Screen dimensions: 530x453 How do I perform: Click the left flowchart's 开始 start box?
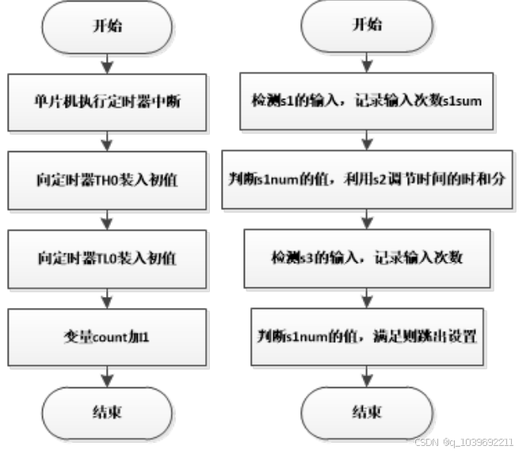click(x=108, y=25)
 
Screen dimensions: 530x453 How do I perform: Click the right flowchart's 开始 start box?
click(x=367, y=25)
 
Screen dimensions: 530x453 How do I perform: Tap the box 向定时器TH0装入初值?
click(x=108, y=180)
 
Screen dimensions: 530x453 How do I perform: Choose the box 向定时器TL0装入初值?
click(x=108, y=258)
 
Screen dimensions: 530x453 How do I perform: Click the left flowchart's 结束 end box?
click(x=108, y=413)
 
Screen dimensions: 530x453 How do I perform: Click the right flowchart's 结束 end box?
click(x=367, y=413)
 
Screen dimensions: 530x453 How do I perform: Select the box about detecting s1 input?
click(x=367, y=101)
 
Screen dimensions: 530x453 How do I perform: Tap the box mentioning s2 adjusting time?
click(x=367, y=180)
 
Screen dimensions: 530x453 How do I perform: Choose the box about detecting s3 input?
click(x=367, y=258)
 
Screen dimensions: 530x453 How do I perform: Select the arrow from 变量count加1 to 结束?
click(x=108, y=375)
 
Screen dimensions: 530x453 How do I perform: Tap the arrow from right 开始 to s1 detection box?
click(x=367, y=61)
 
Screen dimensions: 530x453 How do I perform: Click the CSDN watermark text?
click(x=466, y=442)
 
